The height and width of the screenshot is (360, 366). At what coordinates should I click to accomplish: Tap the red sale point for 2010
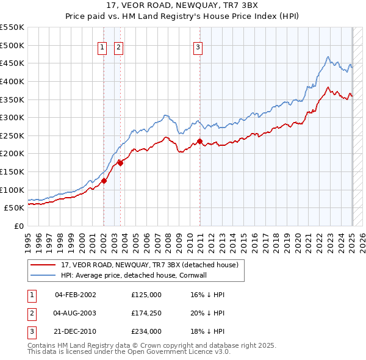click(x=200, y=141)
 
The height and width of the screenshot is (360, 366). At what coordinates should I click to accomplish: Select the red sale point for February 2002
click(x=104, y=181)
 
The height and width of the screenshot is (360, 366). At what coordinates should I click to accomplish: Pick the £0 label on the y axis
click(x=18, y=226)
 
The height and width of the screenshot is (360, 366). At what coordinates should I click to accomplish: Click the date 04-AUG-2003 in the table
click(x=75, y=313)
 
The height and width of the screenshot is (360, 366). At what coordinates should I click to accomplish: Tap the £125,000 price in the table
click(x=146, y=295)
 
